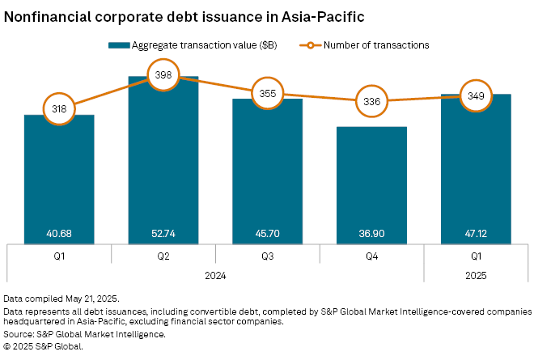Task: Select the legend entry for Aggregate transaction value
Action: pos(187,45)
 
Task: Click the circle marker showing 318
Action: pos(59,108)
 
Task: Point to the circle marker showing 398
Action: pos(163,74)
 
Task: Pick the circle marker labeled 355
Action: pos(268,93)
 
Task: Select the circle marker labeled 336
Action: pos(372,101)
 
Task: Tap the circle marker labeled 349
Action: pos(476,95)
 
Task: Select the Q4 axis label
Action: pos(372,256)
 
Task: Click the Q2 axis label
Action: pos(163,256)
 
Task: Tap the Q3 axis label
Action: pos(268,256)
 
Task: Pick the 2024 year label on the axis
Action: pos(215,275)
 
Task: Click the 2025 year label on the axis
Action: pos(476,275)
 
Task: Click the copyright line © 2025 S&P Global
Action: pos(44,345)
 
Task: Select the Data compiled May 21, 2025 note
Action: pos(61,299)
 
